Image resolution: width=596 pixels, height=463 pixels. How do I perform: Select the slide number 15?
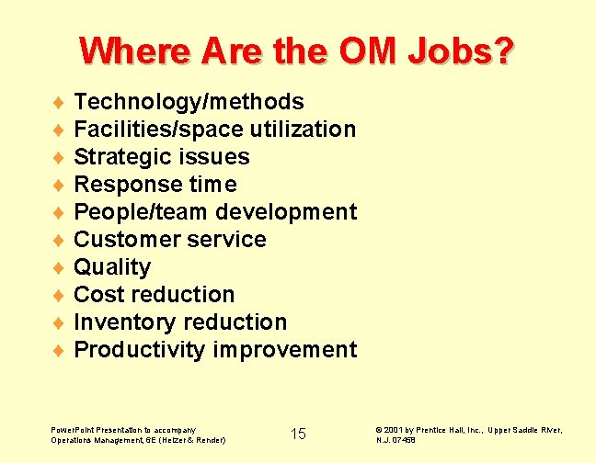point(298,434)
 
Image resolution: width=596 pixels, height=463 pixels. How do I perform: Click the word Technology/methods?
point(189,102)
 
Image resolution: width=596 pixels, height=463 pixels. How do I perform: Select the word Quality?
point(112,267)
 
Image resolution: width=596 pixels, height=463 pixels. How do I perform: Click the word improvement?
point(285,350)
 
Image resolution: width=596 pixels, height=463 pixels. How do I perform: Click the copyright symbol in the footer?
point(379,430)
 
